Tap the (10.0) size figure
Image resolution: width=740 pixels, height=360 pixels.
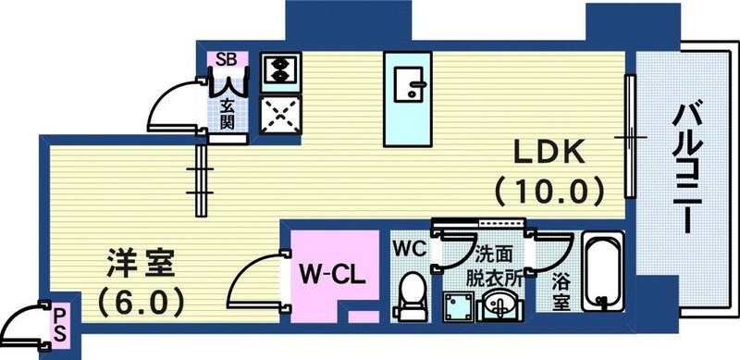[x=549, y=192]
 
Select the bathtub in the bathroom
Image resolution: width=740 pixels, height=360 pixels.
[x=605, y=273]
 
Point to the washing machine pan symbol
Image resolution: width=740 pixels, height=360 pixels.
[x=458, y=304]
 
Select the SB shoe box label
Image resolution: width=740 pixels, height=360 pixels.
[x=226, y=59]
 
